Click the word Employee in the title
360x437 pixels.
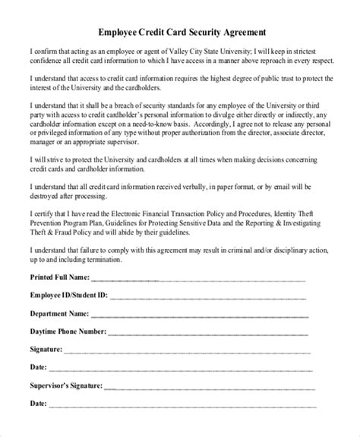122,33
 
